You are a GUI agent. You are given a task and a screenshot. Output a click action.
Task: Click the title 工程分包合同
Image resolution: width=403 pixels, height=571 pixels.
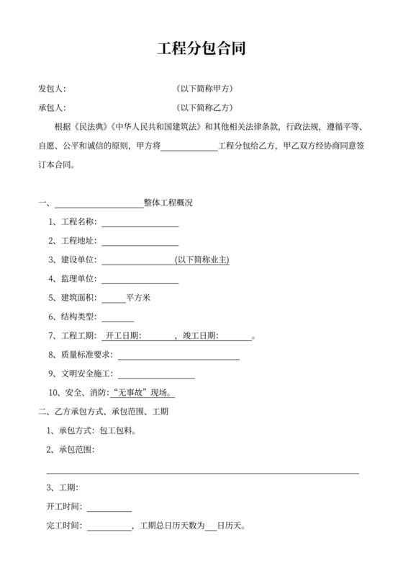(x=201, y=50)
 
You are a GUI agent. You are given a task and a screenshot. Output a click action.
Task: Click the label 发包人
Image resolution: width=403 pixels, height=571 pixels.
(x=52, y=89)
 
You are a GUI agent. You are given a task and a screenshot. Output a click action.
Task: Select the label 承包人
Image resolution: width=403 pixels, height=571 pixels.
(x=52, y=108)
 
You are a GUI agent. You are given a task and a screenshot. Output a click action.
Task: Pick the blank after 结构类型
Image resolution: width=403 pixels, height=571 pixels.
(x=118, y=317)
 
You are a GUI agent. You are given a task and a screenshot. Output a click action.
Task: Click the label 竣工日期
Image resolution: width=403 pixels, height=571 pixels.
(x=200, y=336)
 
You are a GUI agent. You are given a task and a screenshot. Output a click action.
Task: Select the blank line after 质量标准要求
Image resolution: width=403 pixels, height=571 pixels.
(x=178, y=355)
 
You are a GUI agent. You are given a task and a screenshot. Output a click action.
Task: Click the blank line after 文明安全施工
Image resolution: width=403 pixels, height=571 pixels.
(x=155, y=374)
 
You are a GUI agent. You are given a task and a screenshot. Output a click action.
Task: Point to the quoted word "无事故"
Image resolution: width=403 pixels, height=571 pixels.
(x=130, y=393)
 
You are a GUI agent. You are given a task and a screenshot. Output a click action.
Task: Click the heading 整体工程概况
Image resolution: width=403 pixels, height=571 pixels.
(x=168, y=203)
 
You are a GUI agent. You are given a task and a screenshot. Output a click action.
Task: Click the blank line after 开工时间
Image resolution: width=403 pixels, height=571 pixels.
(x=109, y=508)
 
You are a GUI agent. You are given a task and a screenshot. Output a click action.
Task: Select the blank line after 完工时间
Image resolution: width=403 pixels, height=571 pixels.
(x=109, y=526)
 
